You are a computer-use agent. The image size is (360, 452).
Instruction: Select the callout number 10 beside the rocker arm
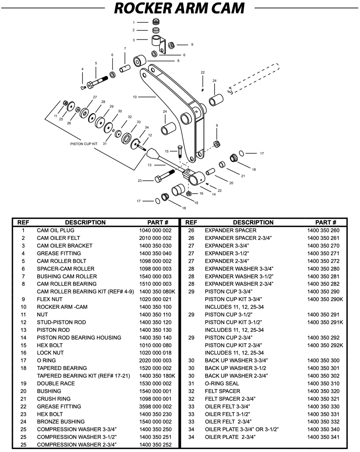click(x=135, y=97)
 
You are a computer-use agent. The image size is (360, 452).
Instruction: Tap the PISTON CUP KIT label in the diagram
click(x=84, y=144)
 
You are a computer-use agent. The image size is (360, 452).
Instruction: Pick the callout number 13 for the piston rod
click(x=150, y=165)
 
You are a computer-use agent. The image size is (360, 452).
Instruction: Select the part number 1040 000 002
click(x=155, y=230)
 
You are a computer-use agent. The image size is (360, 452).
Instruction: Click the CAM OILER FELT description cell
click(x=58, y=238)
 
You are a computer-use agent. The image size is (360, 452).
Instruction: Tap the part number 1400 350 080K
click(x=157, y=292)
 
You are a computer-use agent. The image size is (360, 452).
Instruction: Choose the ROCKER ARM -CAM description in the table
click(x=62, y=307)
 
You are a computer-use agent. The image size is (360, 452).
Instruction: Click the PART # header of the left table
click(x=158, y=222)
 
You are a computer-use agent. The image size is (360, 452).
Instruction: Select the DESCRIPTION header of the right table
click(x=253, y=222)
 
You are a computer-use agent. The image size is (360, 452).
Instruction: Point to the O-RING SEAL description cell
click(x=222, y=383)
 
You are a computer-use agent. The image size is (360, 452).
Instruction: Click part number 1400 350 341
click(x=323, y=437)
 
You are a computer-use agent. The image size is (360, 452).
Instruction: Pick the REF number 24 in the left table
click(x=24, y=422)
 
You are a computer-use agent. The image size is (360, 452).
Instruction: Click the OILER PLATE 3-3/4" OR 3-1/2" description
click(x=242, y=429)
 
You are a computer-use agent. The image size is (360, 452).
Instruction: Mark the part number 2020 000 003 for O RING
click(x=155, y=360)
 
